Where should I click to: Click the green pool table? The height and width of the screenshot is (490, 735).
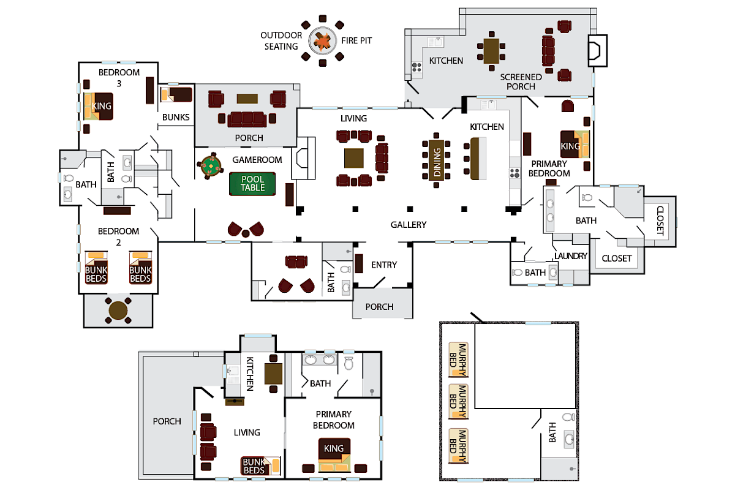252,184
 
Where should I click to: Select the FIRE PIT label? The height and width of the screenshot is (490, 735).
356,40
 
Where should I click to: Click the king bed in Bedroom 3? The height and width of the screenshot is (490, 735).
98,106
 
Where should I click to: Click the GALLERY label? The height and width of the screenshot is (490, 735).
408,225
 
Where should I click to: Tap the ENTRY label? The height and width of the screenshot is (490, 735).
384,265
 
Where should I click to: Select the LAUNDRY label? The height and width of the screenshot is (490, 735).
570,256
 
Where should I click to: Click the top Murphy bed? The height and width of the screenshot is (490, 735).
458,358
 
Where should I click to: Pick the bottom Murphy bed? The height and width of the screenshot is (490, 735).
458,445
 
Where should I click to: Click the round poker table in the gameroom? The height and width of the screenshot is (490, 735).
211,165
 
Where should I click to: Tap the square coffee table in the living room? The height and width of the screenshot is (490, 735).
355,158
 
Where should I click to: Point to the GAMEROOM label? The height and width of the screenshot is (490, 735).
257,160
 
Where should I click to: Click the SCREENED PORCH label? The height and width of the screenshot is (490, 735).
521,81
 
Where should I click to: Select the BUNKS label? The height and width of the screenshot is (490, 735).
176,117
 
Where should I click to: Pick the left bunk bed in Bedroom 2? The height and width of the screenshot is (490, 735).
97,268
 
